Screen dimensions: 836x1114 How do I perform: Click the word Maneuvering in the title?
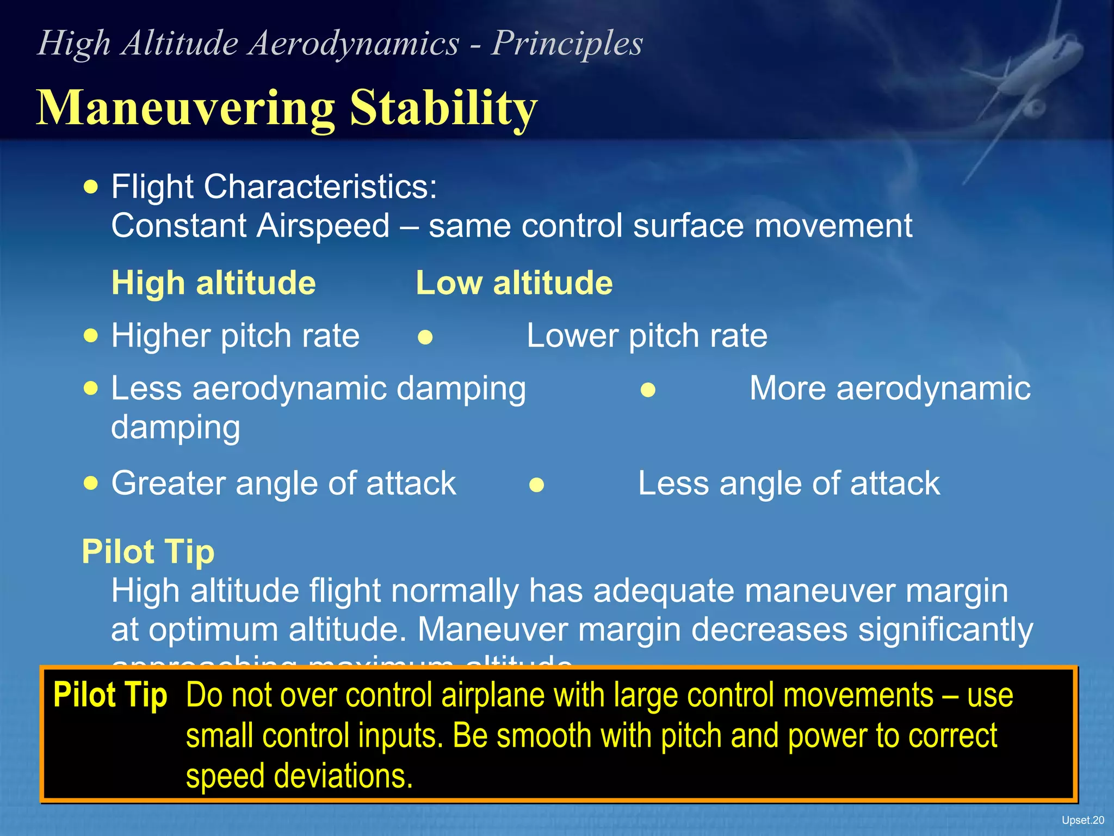(185, 107)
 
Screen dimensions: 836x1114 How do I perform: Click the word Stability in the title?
(443, 107)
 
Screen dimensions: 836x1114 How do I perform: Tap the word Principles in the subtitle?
(567, 43)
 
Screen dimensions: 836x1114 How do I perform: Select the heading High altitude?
(213, 283)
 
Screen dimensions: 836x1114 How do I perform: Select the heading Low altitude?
(514, 283)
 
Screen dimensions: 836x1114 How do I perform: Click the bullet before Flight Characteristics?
(91, 187)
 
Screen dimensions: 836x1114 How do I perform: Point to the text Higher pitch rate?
(235, 335)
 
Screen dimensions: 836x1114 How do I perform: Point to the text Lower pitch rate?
(647, 335)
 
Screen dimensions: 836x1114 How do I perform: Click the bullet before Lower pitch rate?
(425, 337)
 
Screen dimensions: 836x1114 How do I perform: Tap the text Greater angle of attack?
(283, 483)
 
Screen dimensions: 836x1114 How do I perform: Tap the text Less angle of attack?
(788, 483)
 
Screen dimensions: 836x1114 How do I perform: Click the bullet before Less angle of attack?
(536, 485)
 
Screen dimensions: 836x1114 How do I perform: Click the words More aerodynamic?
(890, 389)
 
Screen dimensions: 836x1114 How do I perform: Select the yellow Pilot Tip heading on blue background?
(148, 552)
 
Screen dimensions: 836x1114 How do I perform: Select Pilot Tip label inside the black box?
(110, 696)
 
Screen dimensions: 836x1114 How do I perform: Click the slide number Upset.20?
(1082, 820)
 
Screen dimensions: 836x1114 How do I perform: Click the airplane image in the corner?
(1023, 82)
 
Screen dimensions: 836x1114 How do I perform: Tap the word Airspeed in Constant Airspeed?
(323, 226)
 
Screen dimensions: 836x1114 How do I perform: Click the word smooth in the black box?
(543, 736)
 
